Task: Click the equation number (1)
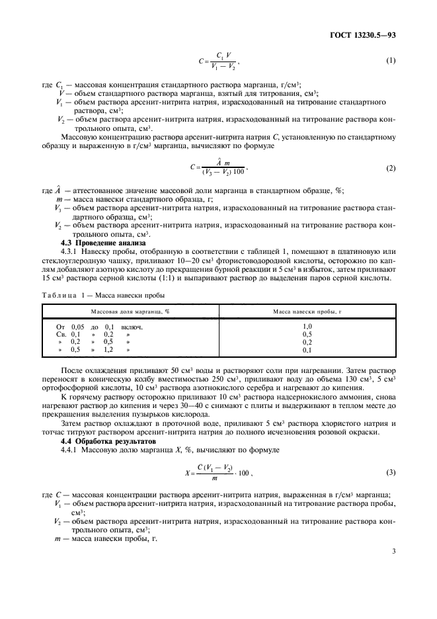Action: [x=390, y=62]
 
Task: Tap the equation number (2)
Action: [x=390, y=169]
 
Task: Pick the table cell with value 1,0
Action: [x=307, y=326]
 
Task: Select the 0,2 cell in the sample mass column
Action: [x=307, y=342]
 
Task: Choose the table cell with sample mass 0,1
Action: [x=307, y=350]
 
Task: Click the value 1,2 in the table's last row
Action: [x=109, y=350]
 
